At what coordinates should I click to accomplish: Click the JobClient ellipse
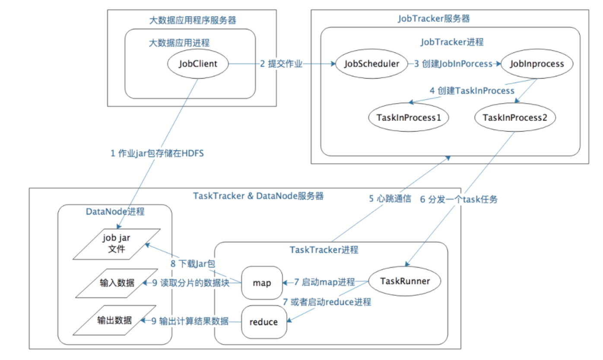tap(198, 64)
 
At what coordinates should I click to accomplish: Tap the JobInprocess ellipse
tap(537, 64)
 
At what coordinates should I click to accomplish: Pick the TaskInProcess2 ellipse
tap(512, 117)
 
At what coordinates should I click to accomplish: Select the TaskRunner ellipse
tap(405, 281)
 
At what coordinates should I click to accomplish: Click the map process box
tap(262, 283)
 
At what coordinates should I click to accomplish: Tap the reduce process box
tap(263, 322)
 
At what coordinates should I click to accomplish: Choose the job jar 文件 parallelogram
tap(117, 244)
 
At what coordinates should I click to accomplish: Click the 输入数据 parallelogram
tap(117, 283)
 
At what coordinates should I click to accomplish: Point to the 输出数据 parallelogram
tap(114, 320)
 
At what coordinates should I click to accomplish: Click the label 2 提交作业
tap(281, 64)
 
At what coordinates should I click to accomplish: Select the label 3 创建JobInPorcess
tap(453, 64)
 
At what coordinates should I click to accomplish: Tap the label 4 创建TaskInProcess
tap(472, 91)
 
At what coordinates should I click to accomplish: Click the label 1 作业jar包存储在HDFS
tap(157, 153)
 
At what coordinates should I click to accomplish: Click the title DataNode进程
tap(115, 212)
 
